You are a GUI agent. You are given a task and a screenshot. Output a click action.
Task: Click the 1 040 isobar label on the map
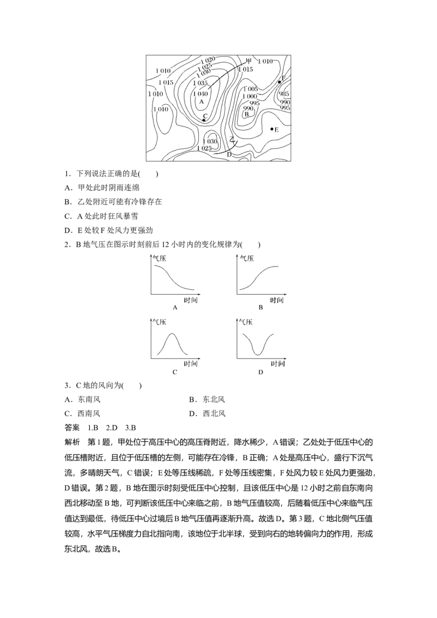tap(200, 93)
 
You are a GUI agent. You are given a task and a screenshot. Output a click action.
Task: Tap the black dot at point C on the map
tap(204, 120)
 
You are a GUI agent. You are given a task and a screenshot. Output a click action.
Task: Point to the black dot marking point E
tap(271, 129)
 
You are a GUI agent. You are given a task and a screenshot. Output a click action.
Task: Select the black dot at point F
tap(279, 82)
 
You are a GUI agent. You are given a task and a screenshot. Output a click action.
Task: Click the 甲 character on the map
tap(249, 61)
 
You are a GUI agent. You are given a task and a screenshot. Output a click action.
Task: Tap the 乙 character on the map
tap(233, 139)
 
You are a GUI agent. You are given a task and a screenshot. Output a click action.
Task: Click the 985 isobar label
tap(284, 94)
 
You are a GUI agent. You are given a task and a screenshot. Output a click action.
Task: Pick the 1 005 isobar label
tap(251, 89)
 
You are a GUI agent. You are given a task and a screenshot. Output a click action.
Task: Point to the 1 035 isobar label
tap(200, 83)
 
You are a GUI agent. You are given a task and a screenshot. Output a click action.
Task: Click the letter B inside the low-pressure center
tap(247, 114)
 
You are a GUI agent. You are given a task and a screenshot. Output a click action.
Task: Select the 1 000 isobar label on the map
tap(250, 96)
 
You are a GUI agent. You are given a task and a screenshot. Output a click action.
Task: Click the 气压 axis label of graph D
tap(246, 322)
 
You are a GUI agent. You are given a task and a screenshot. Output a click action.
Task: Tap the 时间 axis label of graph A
tap(191, 300)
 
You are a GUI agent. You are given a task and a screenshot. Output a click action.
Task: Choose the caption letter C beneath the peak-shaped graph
tap(175, 372)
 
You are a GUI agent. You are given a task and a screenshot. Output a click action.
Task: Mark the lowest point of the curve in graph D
tap(258, 354)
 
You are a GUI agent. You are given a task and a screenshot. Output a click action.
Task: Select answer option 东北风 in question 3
tap(214, 399)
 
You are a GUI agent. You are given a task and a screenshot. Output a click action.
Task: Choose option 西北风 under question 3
tap(214, 413)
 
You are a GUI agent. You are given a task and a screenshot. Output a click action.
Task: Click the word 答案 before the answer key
tap(72, 427)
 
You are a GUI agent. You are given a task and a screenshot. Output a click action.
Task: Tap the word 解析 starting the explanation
tap(72, 442)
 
